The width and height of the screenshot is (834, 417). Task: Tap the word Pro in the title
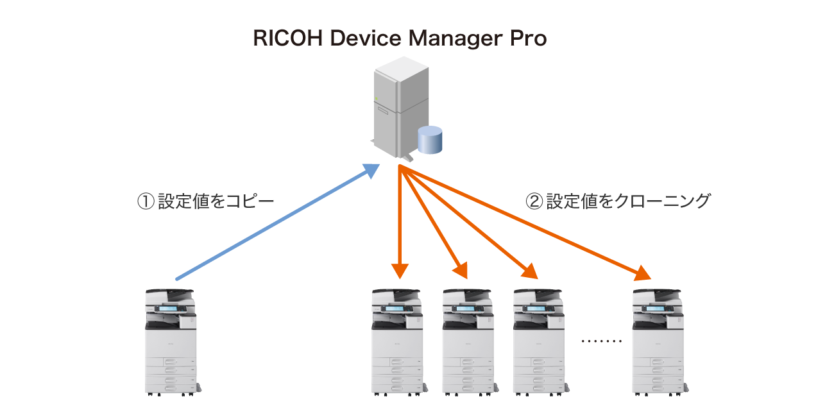(528, 39)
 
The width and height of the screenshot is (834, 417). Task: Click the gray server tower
(398, 106)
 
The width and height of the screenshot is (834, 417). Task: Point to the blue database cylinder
(430, 140)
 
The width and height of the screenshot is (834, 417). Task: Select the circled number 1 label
(146, 201)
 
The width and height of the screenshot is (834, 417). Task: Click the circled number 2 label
(534, 201)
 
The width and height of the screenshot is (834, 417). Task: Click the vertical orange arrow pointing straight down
(400, 225)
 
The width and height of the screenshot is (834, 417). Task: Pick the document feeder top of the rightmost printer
(658, 293)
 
